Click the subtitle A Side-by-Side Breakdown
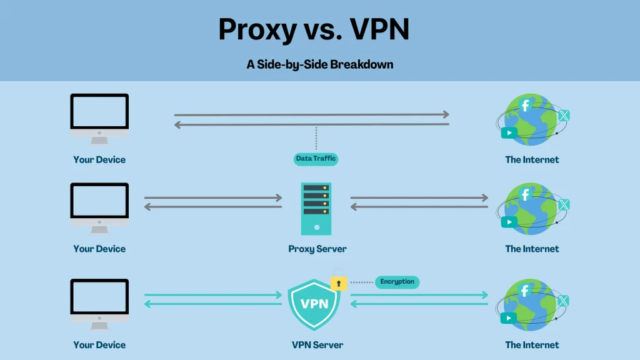(x=319, y=64)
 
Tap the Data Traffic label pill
(x=316, y=159)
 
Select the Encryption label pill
(x=397, y=282)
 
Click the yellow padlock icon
(x=339, y=282)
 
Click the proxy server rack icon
(x=316, y=208)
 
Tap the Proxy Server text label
(x=317, y=249)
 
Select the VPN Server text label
(x=317, y=344)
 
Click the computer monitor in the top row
(x=99, y=116)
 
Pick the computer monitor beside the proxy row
(x=99, y=205)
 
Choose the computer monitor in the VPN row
(x=99, y=301)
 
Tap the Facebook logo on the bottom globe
(x=525, y=290)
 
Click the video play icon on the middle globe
(x=509, y=221)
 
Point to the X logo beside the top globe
(x=564, y=115)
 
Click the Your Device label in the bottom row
(x=99, y=344)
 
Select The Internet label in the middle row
(x=532, y=249)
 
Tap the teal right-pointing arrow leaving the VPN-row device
(x=212, y=295)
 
